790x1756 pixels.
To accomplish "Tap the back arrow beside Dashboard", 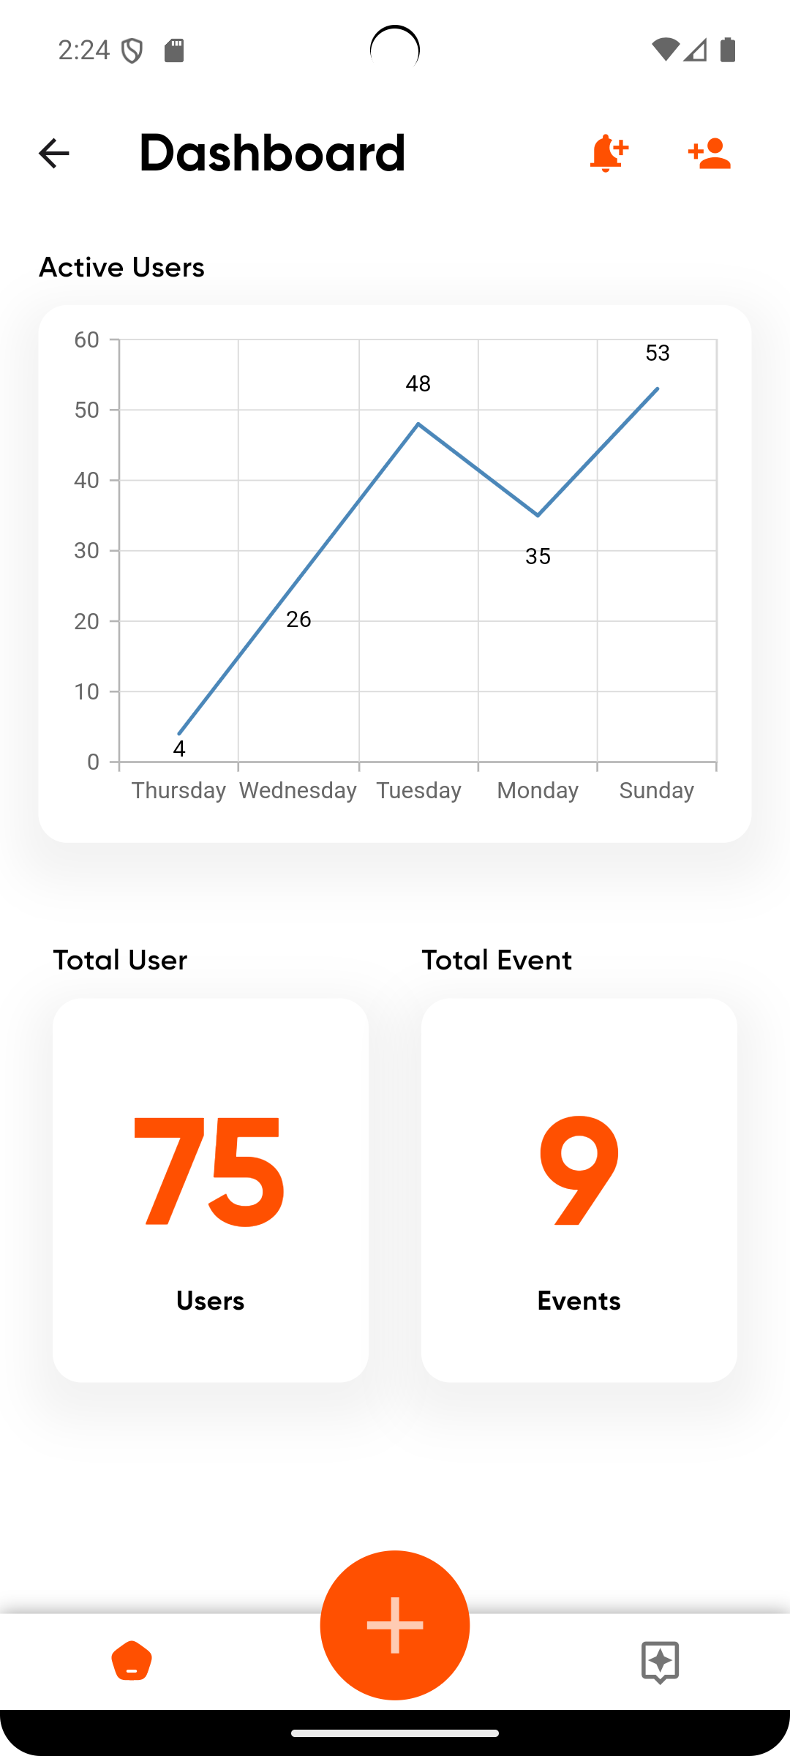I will [53, 154].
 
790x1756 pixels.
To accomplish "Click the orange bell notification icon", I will [608, 154].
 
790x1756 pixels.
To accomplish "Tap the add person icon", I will [710, 154].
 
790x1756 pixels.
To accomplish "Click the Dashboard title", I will [272, 154].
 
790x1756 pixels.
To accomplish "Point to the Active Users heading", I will [121, 268].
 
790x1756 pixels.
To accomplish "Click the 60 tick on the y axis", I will [86, 339].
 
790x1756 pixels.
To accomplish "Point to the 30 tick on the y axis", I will [86, 550].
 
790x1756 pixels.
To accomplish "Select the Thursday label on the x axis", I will [178, 790].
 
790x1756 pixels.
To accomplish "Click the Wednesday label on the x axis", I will [298, 790].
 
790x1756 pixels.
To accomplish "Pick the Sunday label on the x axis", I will [656, 790].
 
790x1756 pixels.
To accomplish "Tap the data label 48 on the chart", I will [418, 383].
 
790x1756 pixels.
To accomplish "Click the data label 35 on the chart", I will [538, 556].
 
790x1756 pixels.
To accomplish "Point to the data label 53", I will [658, 353].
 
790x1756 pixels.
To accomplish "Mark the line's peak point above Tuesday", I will [418, 424].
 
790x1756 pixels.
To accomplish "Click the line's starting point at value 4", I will [179, 733].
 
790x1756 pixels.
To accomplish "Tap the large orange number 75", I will [209, 1172].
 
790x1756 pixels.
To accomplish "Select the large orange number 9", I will [579, 1172].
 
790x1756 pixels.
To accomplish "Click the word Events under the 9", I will [579, 1301].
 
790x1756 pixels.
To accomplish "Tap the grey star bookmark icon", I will [660, 1662].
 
